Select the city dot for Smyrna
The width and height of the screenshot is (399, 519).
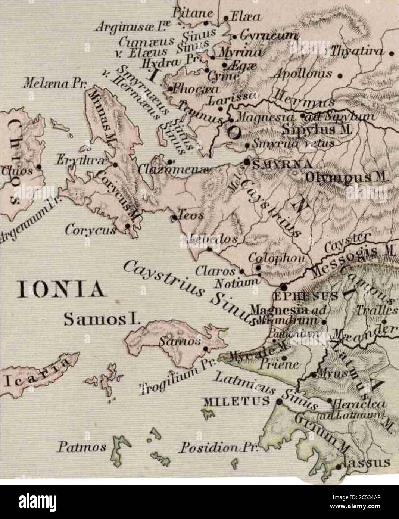tap(247, 161)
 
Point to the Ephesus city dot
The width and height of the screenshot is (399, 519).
tap(283, 287)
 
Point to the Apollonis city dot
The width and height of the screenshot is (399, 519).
tap(340, 74)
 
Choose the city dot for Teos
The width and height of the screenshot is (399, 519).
tap(174, 217)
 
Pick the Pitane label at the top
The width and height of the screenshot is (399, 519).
tap(197, 14)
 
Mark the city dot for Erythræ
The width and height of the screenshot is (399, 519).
tap(115, 165)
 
